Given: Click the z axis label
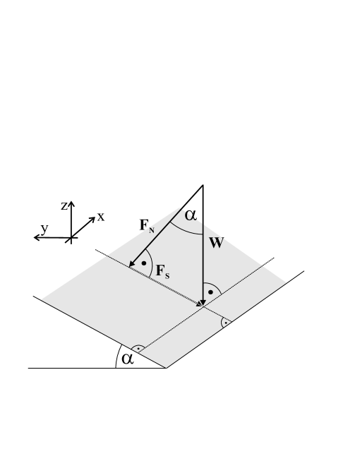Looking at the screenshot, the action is pyautogui.click(x=64, y=205).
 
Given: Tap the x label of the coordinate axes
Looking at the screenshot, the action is pyautogui.click(x=101, y=217).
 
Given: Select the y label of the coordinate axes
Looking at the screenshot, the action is pyautogui.click(x=44, y=228).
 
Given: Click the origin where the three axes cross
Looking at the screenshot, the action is pyautogui.click(x=71, y=238).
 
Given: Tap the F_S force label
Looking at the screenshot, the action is pyautogui.click(x=162, y=272).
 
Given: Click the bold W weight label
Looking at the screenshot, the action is pyautogui.click(x=217, y=244).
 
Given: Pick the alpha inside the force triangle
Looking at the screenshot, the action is pyautogui.click(x=191, y=215).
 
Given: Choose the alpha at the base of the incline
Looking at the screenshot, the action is pyautogui.click(x=127, y=359).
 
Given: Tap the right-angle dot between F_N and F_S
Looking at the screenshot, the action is pyautogui.click(x=144, y=264).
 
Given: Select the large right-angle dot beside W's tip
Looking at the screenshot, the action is pyautogui.click(x=210, y=292).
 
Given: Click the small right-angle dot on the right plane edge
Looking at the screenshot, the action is pyautogui.click(x=225, y=323).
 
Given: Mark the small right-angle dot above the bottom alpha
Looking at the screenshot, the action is pyautogui.click(x=138, y=349).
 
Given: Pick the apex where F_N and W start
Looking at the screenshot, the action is pyautogui.click(x=203, y=186).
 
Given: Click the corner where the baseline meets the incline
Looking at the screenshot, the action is pyautogui.click(x=166, y=368).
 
